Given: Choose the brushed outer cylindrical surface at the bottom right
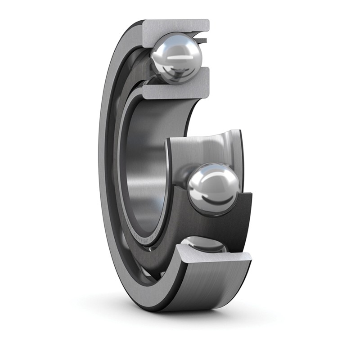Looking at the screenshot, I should [211, 288].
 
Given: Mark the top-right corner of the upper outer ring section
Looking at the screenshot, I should [208, 21].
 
